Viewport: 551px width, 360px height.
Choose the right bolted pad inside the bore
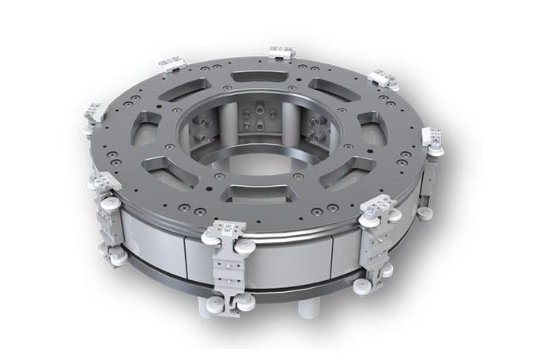(x=315, y=126)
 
